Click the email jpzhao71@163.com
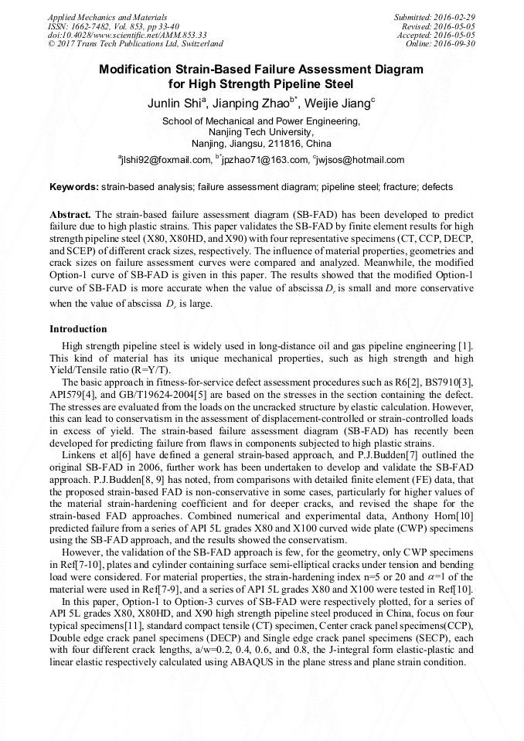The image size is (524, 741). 264,160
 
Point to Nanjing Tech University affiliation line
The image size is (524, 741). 261,132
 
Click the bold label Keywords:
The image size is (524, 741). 74,187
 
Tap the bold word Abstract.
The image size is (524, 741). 70,213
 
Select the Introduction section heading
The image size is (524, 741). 78,329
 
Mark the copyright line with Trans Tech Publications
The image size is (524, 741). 135,44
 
